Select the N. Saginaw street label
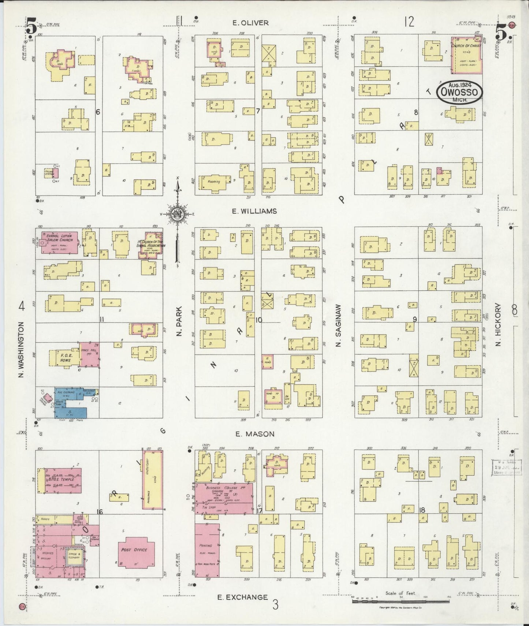339,326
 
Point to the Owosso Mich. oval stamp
459,92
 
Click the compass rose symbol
178,215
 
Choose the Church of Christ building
466,56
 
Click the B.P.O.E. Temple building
60,480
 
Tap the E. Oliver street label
250,23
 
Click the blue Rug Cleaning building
70,403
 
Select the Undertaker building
152,479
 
